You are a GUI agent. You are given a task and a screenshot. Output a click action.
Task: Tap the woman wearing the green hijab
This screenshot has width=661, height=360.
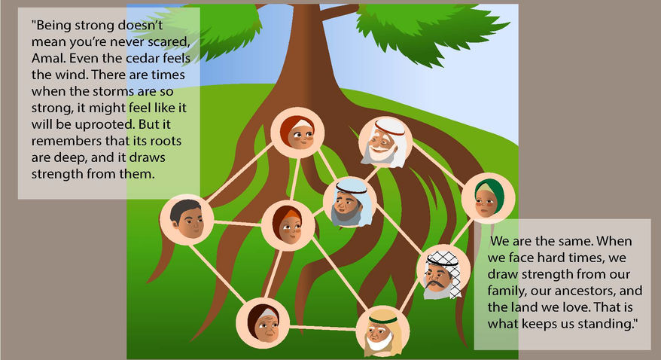pyautogui.click(x=487, y=198)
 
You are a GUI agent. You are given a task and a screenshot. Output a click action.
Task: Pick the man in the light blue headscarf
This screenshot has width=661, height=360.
pyautogui.click(x=348, y=202)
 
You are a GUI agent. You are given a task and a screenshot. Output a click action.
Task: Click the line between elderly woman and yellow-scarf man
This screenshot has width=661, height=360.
pyautogui.click(x=320, y=327)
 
